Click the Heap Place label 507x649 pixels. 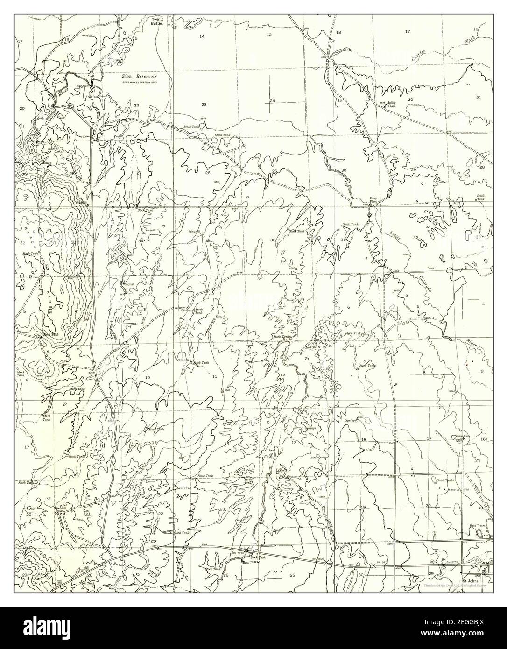click(x=373, y=199)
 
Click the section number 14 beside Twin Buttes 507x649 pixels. click(x=202, y=36)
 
